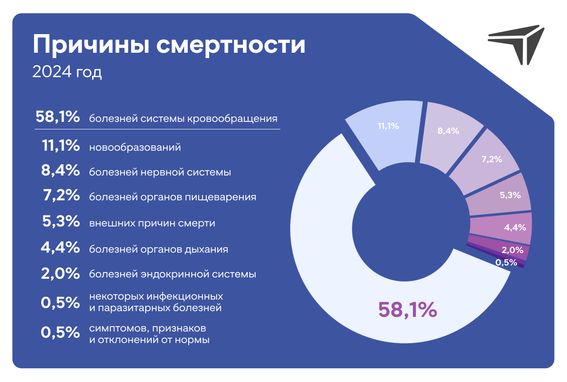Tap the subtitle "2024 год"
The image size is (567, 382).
click(67, 72)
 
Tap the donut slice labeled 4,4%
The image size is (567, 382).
click(501, 228)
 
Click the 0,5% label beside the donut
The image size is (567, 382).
click(506, 263)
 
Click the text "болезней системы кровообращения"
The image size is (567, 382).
click(183, 119)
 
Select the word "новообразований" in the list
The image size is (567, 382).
click(135, 147)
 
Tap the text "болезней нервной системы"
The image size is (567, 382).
click(160, 172)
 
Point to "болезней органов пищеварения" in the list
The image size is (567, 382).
click(173, 197)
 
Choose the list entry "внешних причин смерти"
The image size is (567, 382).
click(152, 223)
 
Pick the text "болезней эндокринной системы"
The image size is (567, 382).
click(173, 274)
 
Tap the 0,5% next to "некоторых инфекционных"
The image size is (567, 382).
click(60, 303)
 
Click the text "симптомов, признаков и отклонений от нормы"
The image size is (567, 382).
click(149, 334)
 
